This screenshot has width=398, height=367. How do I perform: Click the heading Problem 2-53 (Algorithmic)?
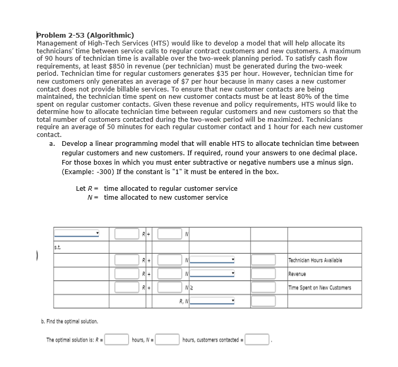85,35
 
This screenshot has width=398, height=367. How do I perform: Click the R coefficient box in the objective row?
127,234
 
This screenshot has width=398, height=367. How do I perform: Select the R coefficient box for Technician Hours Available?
127,260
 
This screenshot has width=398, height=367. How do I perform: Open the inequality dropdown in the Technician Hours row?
213,260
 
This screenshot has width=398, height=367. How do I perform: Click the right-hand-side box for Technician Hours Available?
264,260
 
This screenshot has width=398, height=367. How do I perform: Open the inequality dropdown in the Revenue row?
213,273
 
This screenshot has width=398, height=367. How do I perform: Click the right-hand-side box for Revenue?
264,273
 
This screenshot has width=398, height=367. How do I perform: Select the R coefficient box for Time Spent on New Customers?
127,287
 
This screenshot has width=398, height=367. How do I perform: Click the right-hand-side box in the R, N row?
264,301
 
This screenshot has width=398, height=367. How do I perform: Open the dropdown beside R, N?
213,301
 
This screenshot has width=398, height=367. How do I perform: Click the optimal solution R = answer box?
118,340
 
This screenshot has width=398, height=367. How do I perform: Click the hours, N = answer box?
167,340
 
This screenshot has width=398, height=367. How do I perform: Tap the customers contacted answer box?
257,340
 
